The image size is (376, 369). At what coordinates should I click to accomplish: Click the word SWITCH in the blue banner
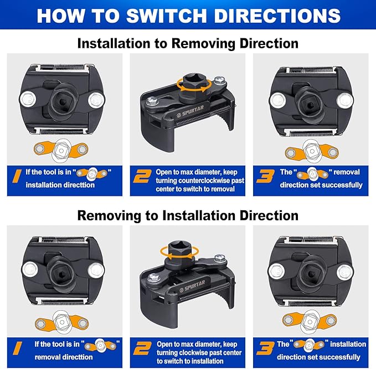[x=166, y=16]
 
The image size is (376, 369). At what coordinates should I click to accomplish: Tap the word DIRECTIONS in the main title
[x=277, y=16]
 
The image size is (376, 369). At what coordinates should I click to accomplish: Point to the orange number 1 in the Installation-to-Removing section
[x=17, y=176]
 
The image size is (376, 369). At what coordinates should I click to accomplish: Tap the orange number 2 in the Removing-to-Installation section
[x=143, y=348]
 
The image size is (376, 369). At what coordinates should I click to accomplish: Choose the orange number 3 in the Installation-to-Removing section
[x=265, y=176]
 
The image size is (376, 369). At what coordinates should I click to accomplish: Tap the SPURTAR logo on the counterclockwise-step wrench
[x=190, y=112]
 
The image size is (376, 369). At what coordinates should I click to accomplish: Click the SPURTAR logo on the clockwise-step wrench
[x=192, y=286]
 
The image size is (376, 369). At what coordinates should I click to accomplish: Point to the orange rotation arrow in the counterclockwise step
[x=194, y=85]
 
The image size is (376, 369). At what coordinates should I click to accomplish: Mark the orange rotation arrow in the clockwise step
[x=179, y=252]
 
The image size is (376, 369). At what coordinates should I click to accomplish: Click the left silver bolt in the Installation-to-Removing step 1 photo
[x=28, y=99]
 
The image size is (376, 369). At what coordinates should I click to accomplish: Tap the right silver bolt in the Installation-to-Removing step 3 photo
[x=345, y=100]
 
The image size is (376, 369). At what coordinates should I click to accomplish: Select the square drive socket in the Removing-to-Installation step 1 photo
[x=60, y=271]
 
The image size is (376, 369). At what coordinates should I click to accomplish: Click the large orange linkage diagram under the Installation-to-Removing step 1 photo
[x=61, y=150]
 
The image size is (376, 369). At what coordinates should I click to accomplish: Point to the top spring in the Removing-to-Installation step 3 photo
[x=311, y=239]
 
